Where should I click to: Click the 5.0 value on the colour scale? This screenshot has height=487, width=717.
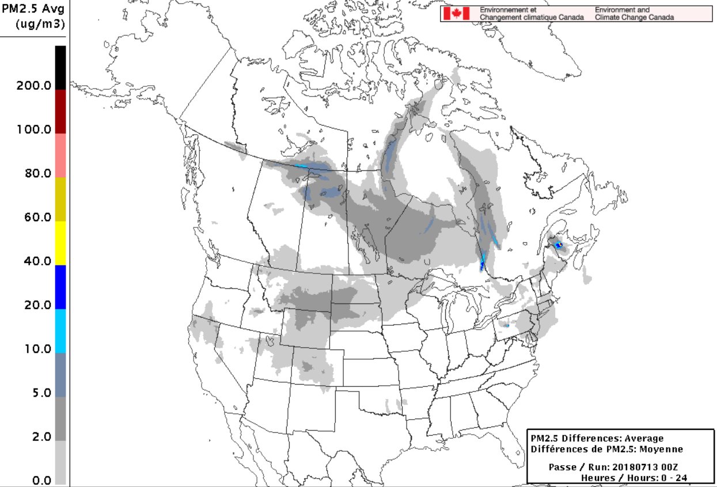pyautogui.click(x=40, y=393)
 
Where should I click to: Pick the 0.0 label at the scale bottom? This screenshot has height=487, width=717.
pyautogui.click(x=40, y=481)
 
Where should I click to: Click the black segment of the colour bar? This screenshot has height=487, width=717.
pyautogui.click(x=60, y=67)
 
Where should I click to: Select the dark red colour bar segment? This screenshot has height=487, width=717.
pyautogui.click(x=60, y=111)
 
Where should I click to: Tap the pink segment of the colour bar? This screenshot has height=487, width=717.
pyautogui.click(x=60, y=155)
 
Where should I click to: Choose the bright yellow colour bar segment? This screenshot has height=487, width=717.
pyautogui.click(x=60, y=243)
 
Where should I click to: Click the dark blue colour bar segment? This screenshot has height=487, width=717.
pyautogui.click(x=60, y=287)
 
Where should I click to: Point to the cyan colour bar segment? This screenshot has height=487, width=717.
pyautogui.click(x=60, y=331)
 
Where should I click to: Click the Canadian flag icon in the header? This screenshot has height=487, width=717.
pyautogui.click(x=457, y=14)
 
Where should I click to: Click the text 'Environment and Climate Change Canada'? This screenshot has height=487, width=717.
pyautogui.click(x=633, y=14)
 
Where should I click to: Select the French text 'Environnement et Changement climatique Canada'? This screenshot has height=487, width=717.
pyautogui.click(x=532, y=14)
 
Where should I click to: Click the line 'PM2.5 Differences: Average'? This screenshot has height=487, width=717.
pyautogui.click(x=597, y=439)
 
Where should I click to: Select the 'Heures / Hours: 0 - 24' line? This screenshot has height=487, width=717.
pyautogui.click(x=633, y=478)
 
